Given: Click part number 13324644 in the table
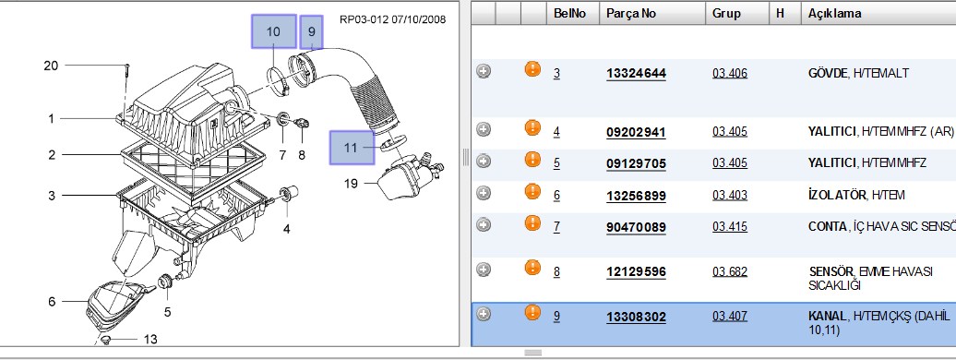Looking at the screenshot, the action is coord(636,74).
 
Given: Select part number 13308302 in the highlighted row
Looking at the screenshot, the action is coord(636,318).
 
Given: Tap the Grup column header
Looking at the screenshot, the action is coord(726,14).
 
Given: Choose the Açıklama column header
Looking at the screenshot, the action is coord(835,14).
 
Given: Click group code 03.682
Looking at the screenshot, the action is coord(730,271).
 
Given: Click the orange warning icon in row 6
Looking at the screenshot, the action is coord(532,192).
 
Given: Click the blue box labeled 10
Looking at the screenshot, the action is coord(274,31).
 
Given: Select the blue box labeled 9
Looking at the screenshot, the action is coord(312,31).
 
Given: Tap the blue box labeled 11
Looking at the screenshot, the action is coord(352,148).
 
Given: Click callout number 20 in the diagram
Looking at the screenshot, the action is coord(52,66).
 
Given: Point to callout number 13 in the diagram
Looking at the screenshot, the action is coord(150,340).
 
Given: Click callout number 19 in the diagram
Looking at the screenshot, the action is coord(351,183).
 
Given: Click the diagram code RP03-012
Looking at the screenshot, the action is coord(363,19).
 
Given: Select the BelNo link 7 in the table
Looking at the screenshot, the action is coord(556,227).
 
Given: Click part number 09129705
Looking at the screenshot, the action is coord(636,163).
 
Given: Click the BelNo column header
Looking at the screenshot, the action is coord(569,14).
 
